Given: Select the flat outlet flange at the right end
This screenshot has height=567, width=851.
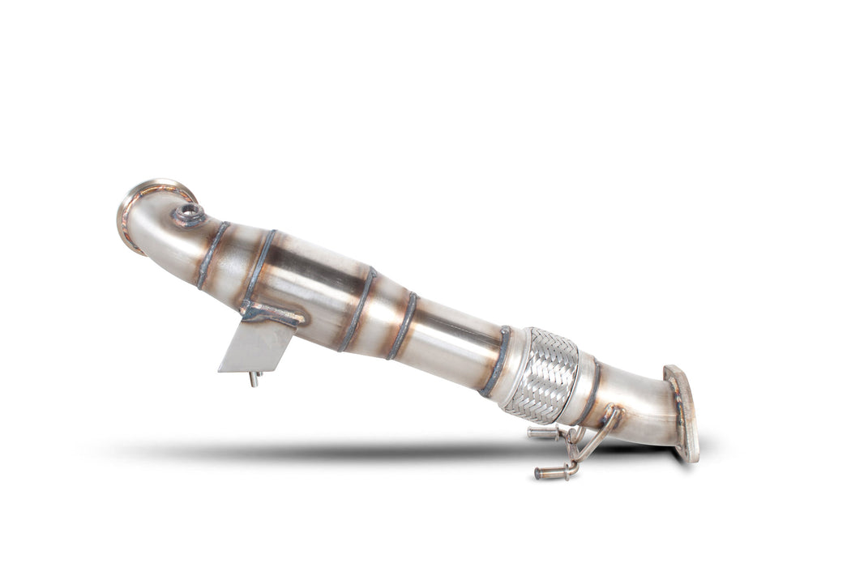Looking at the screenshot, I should point(683,414).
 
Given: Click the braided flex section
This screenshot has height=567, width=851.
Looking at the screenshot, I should point(540,376).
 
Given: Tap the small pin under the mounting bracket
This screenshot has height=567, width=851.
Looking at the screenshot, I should point(254,379).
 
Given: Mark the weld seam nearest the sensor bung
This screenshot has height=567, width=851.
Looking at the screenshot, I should point(212,254).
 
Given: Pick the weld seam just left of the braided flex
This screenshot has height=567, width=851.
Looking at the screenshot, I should point(495,360).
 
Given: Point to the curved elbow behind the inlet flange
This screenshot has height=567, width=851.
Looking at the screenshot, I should point(158,231).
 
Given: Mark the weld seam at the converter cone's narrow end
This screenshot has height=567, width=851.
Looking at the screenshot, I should point(403,326).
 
